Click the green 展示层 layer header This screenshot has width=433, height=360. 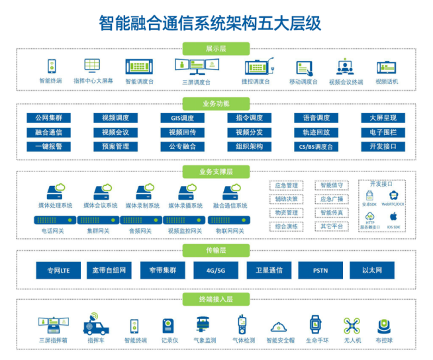pyautogui.click(x=216, y=48)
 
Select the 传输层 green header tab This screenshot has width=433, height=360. pyautogui.click(x=216, y=250)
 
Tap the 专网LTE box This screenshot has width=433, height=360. pyautogui.click(x=58, y=270)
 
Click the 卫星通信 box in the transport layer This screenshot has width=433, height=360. pyautogui.click(x=269, y=270)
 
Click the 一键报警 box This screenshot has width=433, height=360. pyautogui.click(x=48, y=146)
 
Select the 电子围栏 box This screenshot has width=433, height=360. pyautogui.click(x=383, y=132)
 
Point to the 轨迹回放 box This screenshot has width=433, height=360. pyautogui.click(x=315, y=132)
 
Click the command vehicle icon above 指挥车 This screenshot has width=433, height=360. pyautogui.click(x=95, y=325)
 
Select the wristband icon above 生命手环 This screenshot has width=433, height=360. pyautogui.click(x=315, y=324)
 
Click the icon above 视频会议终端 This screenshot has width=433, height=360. pyautogui.click(x=346, y=67)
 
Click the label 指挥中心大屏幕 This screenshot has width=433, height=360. pyautogui.click(x=93, y=81)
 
